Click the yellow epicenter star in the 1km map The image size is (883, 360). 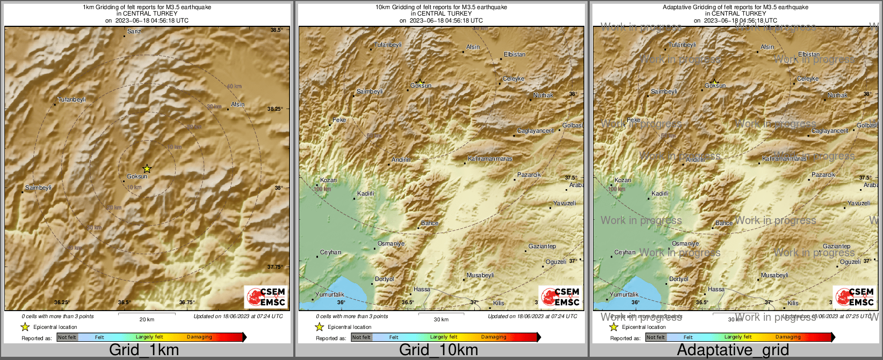pyautogui.click(x=147, y=169)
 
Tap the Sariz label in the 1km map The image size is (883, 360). pyautogui.click(x=134, y=32)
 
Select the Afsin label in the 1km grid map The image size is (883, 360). pyautogui.click(x=237, y=105)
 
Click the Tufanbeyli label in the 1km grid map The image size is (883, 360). pyautogui.click(x=71, y=100)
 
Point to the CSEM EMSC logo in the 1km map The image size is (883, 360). pyautogui.click(x=266, y=297)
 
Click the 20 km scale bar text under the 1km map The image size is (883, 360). pyautogui.click(x=147, y=320)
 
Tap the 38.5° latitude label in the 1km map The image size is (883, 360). pyautogui.click(x=276, y=30)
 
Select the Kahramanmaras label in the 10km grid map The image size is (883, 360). pyautogui.click(x=490, y=159)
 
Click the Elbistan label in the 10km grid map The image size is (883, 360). pyautogui.click(x=515, y=55)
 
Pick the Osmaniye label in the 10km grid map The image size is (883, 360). pyautogui.click(x=390, y=244)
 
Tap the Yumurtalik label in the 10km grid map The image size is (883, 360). pyautogui.click(x=329, y=295)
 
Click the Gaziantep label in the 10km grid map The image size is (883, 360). pyautogui.click(x=542, y=247)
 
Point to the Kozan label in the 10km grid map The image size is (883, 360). pyautogui.click(x=328, y=181)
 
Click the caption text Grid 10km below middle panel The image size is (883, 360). pyautogui.click(x=438, y=350)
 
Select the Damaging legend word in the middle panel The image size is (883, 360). pyautogui.click(x=494, y=337)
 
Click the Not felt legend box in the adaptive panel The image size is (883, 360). pyautogui.click(x=656, y=337)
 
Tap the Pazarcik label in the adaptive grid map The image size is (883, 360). pyautogui.click(x=823, y=175)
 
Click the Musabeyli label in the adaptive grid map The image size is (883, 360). pyautogui.click(x=774, y=276)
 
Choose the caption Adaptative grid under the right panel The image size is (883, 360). pyautogui.click(x=733, y=350)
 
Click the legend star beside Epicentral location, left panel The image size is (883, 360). pyautogui.click(x=25, y=327)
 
